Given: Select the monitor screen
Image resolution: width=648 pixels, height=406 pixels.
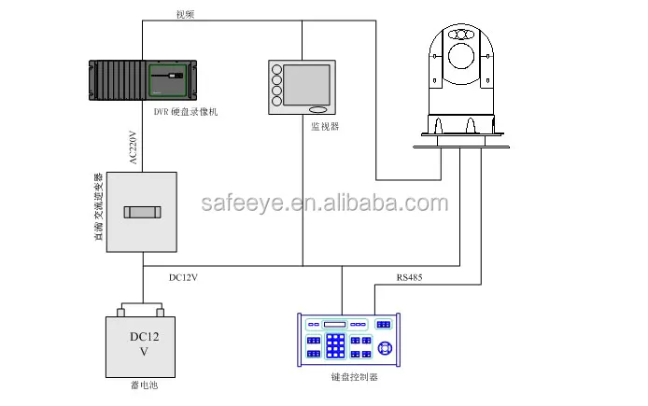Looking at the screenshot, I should tap(307, 85).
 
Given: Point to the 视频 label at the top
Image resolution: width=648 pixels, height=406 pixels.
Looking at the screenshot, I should tap(186, 14).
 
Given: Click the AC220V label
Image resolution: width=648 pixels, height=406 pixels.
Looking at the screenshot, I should tap(134, 147).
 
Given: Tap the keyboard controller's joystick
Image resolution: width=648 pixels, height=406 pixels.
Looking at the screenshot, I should tap(385, 347).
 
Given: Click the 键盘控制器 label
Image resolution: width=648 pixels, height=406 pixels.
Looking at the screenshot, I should tap(356, 377).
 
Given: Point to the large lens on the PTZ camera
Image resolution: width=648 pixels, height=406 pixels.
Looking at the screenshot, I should tap(461, 56).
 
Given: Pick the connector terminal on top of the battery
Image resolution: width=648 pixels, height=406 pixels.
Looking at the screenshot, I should tap(142, 308).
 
